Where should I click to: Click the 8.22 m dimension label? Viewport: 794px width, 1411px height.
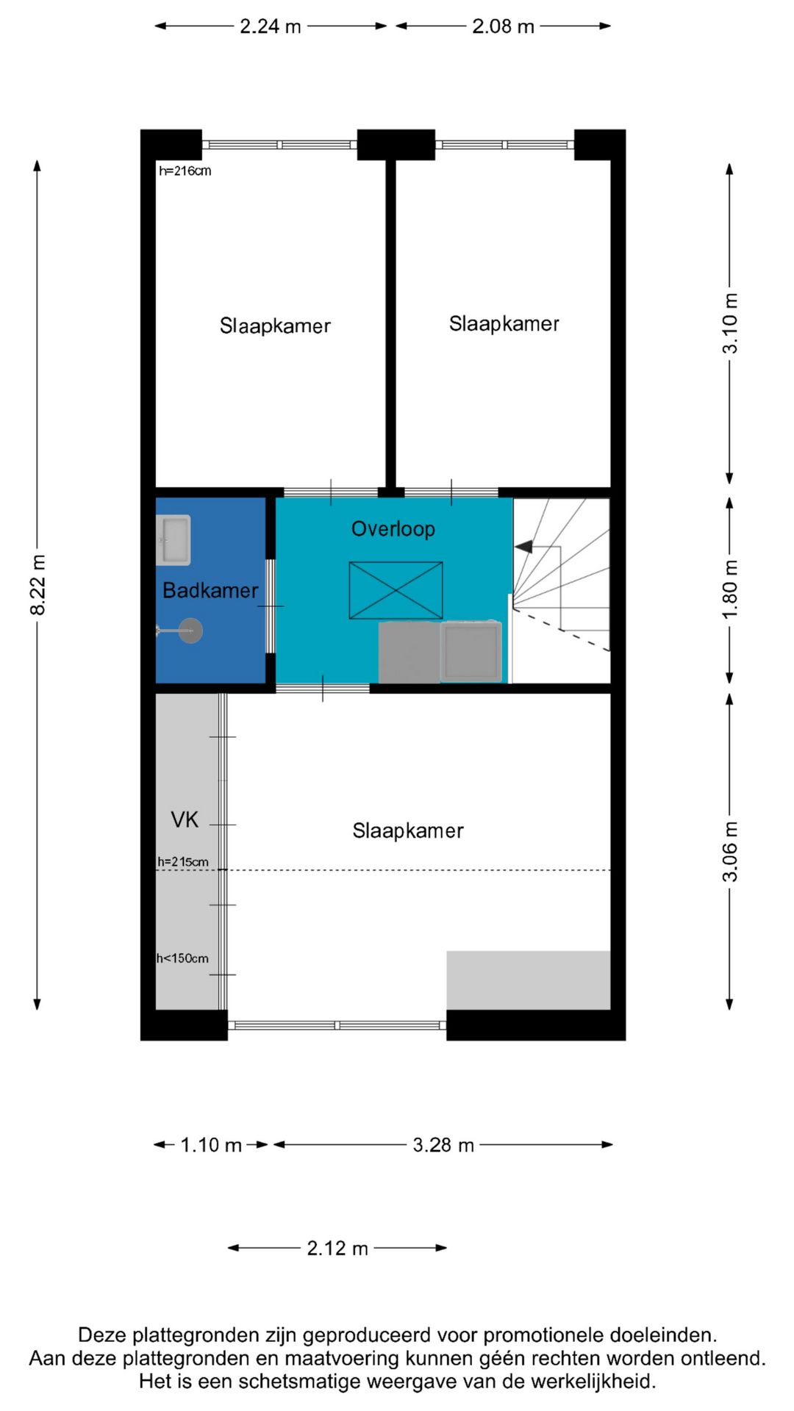pos(38,585)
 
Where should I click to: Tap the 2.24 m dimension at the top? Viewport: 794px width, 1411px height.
pos(270,26)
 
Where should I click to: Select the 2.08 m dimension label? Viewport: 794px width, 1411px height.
pos(503,26)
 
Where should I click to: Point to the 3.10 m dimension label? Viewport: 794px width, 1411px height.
pos(729,323)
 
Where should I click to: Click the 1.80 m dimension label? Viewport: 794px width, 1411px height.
pos(729,589)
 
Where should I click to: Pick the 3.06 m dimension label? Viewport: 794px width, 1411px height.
pos(729,851)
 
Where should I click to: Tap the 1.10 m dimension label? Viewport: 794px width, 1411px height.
pos(211,1145)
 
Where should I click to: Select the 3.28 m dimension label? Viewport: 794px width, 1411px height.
pos(443,1145)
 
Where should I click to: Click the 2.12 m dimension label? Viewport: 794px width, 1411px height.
pos(337,1249)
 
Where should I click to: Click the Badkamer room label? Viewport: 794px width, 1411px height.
pos(210,590)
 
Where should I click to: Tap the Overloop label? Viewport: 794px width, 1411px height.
pos(393,529)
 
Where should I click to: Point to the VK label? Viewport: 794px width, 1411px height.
pos(185,819)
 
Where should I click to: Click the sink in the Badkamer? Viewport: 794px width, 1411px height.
pos(174,540)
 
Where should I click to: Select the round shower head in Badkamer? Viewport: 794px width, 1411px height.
pos(191,631)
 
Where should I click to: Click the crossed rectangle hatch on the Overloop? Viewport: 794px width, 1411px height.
pos(396,590)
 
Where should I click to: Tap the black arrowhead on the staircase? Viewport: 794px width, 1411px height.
pos(523,547)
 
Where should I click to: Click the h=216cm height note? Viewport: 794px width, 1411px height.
pos(185,171)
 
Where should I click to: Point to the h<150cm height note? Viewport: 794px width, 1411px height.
pos(182,958)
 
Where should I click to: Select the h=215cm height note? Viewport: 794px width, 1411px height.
pos(182,861)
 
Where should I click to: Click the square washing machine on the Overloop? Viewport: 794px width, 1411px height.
pos(471,651)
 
